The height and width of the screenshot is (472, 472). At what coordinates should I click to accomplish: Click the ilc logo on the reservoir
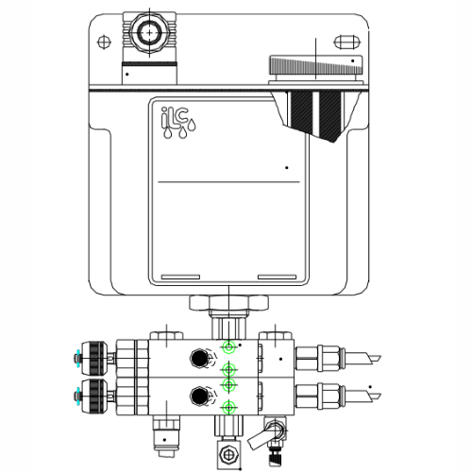coord(177,124)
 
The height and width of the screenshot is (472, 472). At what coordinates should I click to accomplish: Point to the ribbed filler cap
coord(316,67)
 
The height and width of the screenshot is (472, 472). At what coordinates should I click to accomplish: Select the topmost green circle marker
coord(228,348)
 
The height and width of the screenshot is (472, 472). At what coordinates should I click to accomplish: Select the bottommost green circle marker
coord(228,408)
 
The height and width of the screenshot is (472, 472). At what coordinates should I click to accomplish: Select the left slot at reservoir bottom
coord(182,277)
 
